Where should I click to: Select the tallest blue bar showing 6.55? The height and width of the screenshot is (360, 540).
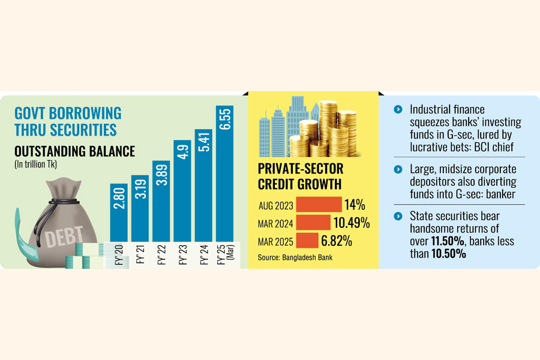[x=225, y=174]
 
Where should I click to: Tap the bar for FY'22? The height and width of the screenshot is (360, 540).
[x=161, y=201]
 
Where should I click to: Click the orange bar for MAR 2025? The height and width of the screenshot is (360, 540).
[x=307, y=241]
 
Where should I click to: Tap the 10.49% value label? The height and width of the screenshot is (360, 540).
[x=351, y=223]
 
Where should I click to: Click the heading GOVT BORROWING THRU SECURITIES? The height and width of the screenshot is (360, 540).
[x=67, y=121]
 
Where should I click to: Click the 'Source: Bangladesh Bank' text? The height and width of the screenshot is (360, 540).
[x=294, y=257]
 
